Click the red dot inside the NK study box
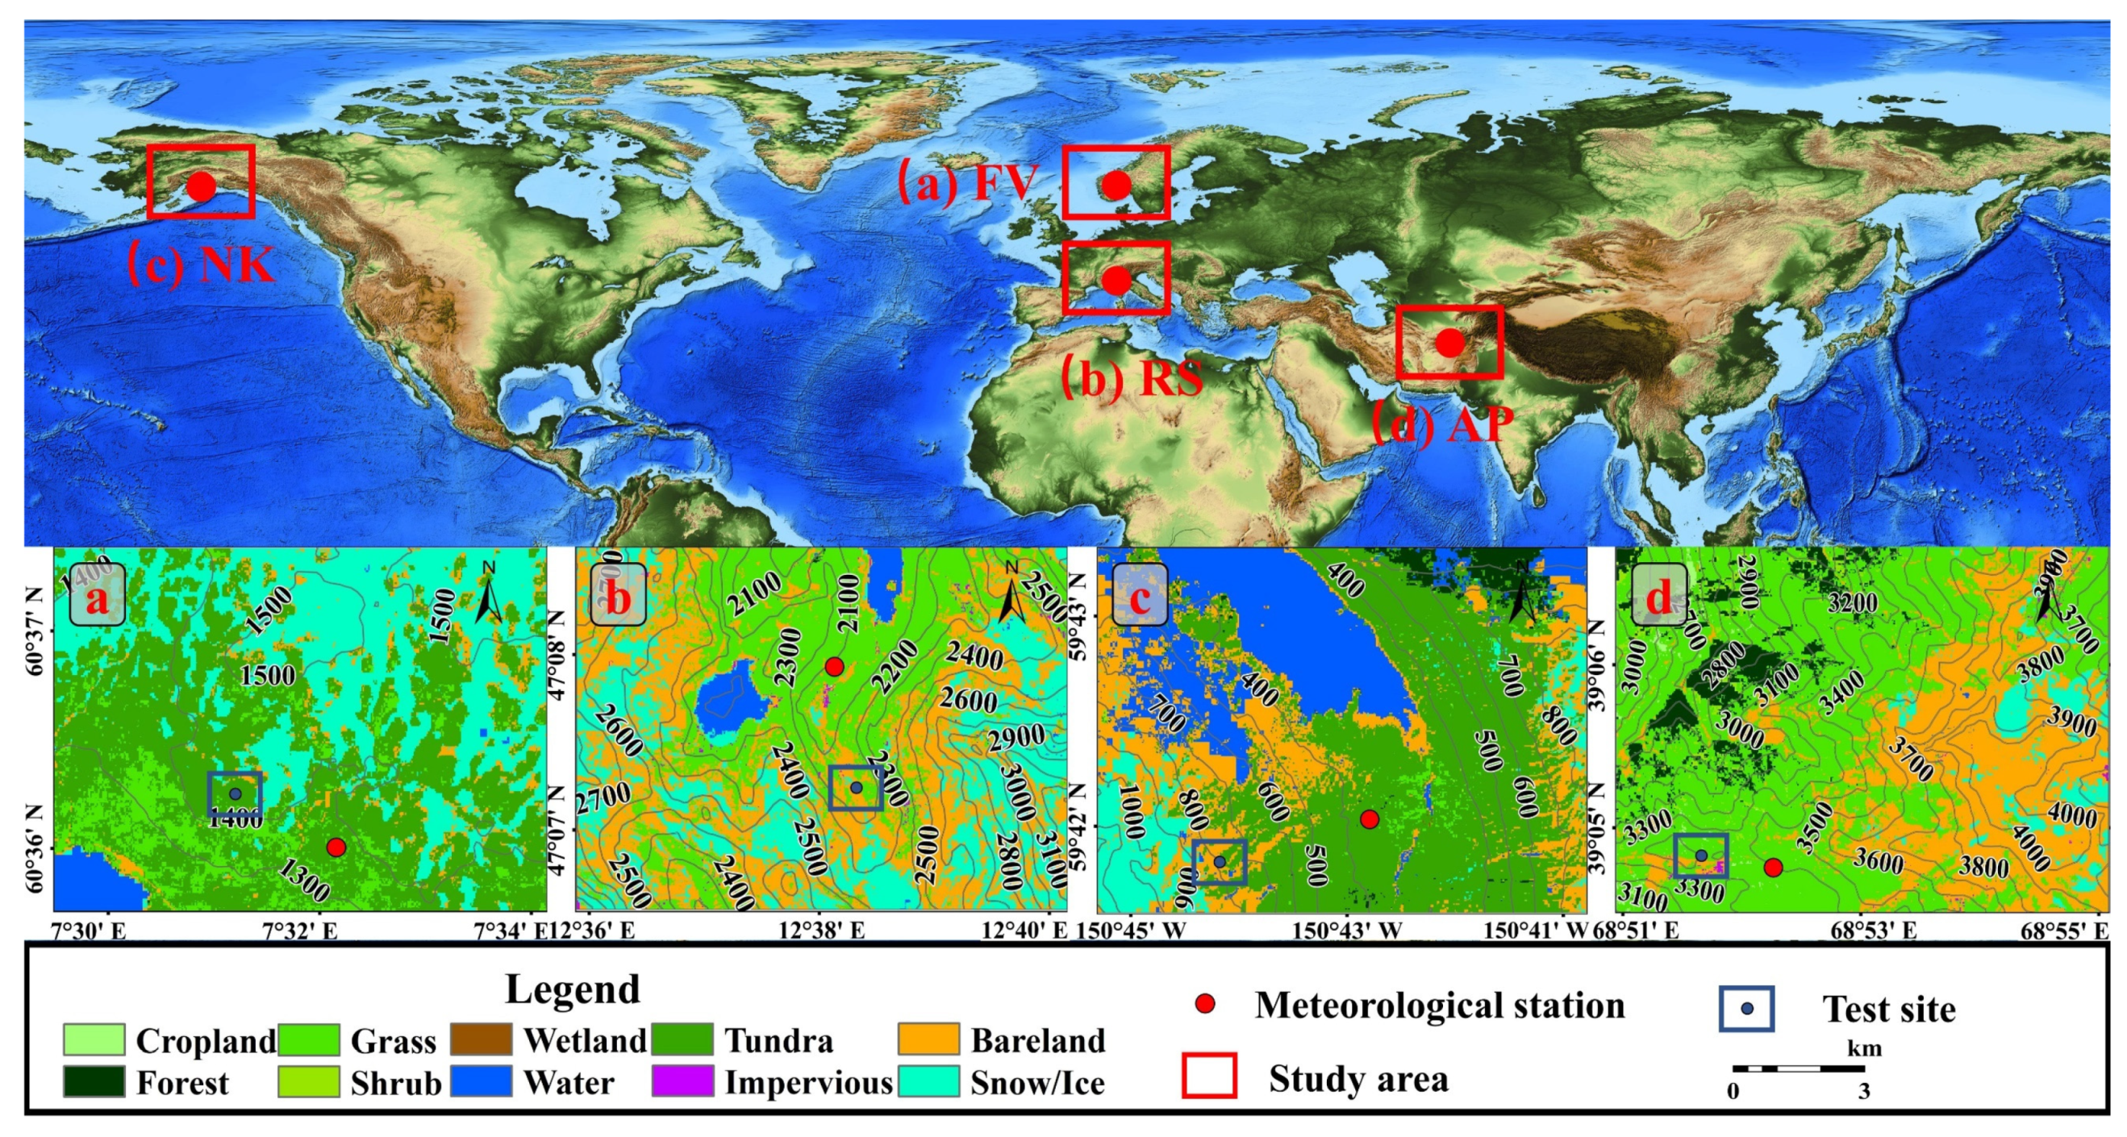tap(201, 185)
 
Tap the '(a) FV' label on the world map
tap(967, 182)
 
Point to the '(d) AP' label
tap(1442, 422)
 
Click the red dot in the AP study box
tap(1449, 342)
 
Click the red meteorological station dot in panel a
tap(336, 848)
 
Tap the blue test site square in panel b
tap(857, 788)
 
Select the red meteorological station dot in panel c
tap(1369, 819)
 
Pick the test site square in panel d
tap(1701, 856)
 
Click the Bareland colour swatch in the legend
tap(929, 1039)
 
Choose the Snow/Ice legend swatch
tap(929, 1081)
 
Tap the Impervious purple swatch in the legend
tap(682, 1081)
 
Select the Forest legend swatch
tap(94, 1081)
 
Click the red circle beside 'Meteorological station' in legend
tap(1207, 1004)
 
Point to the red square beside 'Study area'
tap(1209, 1076)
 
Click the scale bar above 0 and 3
tap(1798, 1068)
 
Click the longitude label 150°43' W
tap(1347, 931)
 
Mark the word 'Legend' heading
tap(572, 989)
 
